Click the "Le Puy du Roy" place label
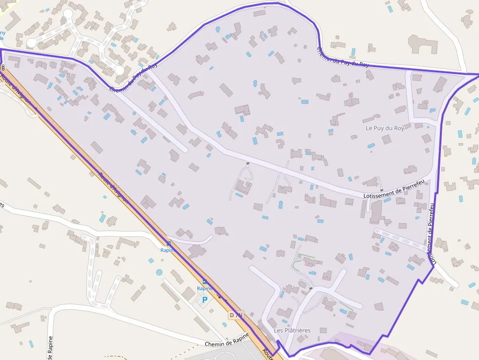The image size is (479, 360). click(x=385, y=128)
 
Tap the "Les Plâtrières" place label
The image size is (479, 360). click(x=292, y=331)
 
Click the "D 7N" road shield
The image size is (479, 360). click(x=236, y=315)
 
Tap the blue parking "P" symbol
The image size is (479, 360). click(x=205, y=300)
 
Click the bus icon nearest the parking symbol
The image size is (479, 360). click(x=204, y=282)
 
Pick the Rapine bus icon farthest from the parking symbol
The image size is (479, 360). click(x=168, y=243)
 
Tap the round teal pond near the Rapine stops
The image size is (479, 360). click(x=159, y=272)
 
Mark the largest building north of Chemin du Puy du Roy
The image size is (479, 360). click(x=423, y=43)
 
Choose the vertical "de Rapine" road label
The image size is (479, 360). click(x=50, y=348)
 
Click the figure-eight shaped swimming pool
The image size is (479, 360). click(x=255, y=84)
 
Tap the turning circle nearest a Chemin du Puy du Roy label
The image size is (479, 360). click(x=119, y=71)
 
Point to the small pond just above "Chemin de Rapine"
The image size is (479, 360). click(x=224, y=324)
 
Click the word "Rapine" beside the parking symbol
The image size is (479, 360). click(x=205, y=289)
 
